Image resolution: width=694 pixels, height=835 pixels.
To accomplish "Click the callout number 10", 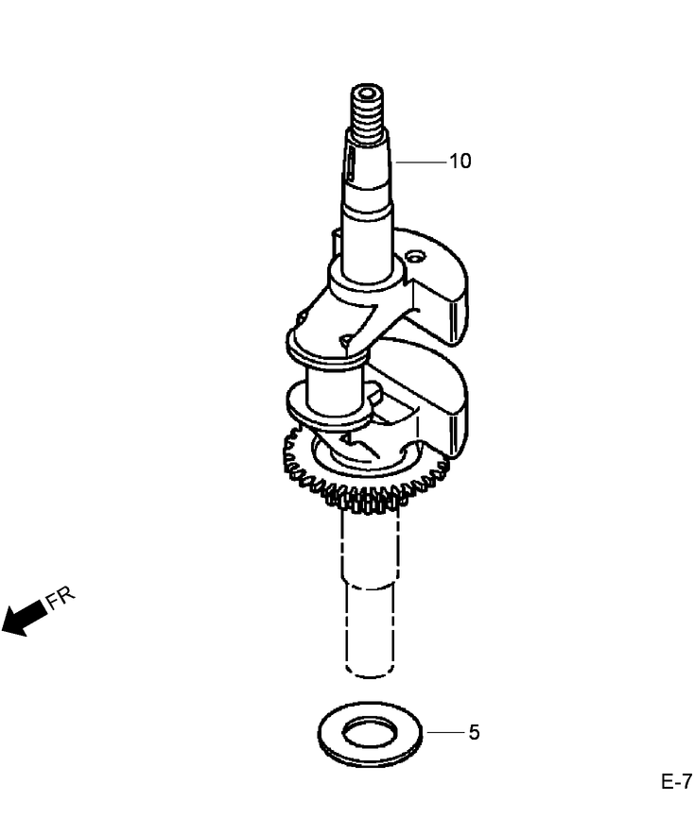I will (x=460, y=162).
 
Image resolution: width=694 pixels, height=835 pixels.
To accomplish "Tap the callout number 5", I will (x=474, y=732).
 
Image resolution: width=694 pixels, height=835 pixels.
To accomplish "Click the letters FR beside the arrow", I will (x=61, y=598).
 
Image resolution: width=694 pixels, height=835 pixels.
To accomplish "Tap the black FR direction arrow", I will (x=24, y=618).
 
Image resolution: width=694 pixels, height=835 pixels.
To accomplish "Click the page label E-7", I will (x=676, y=782).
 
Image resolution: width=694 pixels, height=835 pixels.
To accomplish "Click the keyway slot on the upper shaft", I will (x=351, y=166).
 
